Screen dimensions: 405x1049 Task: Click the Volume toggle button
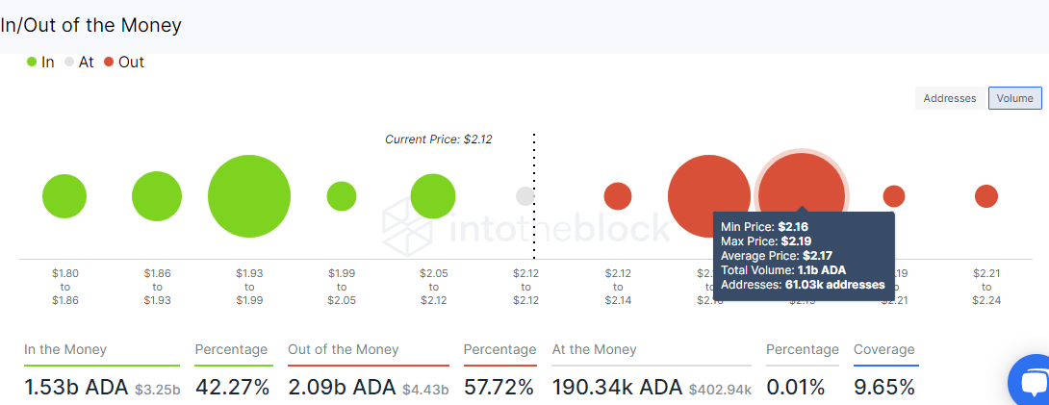(x=1014, y=98)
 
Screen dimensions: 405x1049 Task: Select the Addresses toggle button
(x=950, y=98)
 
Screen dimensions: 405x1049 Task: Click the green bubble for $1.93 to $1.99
(x=249, y=196)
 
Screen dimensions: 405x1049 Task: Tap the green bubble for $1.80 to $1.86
(x=64, y=196)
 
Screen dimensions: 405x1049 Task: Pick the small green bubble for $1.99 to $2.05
(x=342, y=196)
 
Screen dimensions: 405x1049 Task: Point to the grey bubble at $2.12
(x=525, y=196)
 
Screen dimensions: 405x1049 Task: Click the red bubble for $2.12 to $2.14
(x=618, y=196)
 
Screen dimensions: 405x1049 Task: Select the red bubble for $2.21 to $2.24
(x=986, y=196)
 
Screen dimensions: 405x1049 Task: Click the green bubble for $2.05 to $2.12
(x=433, y=196)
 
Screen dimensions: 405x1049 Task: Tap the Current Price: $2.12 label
(x=439, y=139)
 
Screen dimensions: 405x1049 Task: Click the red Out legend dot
(x=109, y=63)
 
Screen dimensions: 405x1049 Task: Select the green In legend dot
(x=32, y=63)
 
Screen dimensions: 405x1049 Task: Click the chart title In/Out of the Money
(x=90, y=26)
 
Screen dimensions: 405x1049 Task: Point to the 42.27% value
(x=232, y=388)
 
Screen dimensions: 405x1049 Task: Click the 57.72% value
(x=499, y=388)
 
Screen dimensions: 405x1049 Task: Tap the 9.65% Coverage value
(x=884, y=388)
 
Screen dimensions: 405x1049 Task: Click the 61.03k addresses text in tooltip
(x=834, y=285)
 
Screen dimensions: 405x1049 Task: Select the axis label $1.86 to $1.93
(x=157, y=287)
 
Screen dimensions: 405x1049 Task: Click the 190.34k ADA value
(x=616, y=388)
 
